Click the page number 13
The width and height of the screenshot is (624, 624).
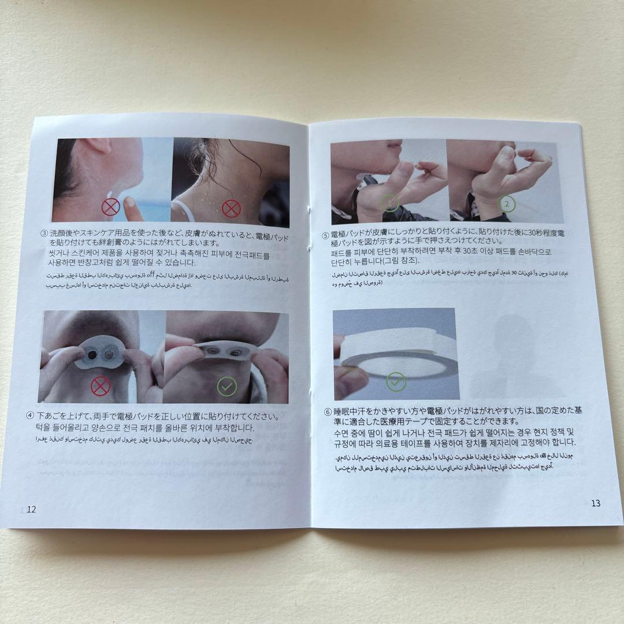596,503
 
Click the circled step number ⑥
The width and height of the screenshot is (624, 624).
328,411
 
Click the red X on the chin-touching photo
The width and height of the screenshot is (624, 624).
110,206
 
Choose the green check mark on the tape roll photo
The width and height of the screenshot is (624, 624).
396,380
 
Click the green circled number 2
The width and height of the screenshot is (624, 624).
507,204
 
